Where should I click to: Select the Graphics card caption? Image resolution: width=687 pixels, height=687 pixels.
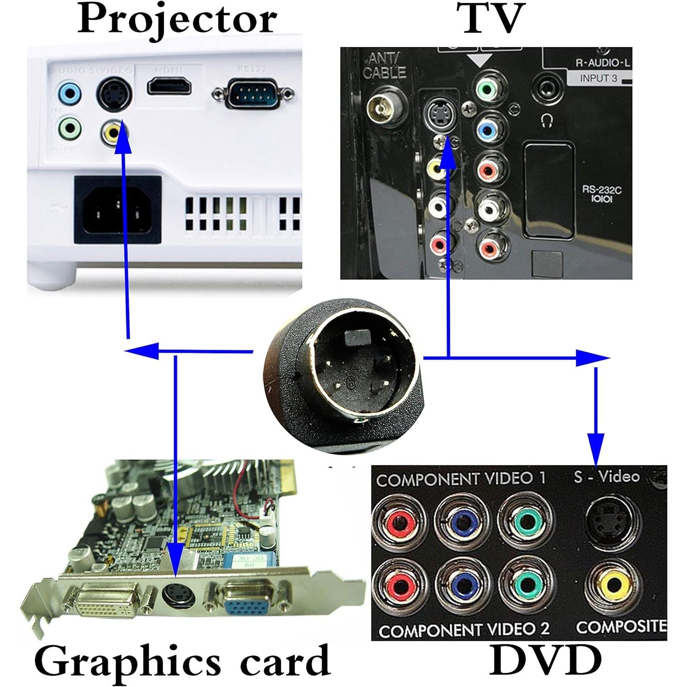click(182, 661)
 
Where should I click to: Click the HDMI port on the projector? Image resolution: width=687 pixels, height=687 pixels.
click(169, 86)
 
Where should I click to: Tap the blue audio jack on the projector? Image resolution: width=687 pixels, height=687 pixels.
click(70, 95)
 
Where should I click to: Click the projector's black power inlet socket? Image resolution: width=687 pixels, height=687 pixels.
click(118, 210)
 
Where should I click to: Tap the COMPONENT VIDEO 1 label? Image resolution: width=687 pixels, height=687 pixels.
click(461, 479)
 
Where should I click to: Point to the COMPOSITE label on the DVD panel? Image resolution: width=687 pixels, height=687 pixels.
click(621, 627)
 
